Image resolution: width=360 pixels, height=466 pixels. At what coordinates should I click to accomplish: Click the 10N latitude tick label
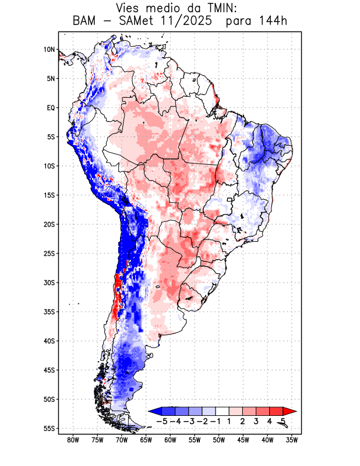pos(49,50)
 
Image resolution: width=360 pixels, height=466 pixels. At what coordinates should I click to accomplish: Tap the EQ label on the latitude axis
pos(50,108)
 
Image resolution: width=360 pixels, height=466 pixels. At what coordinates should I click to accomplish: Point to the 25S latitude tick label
pos(49,253)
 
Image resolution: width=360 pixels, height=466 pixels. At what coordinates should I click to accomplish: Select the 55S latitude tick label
pos(49,429)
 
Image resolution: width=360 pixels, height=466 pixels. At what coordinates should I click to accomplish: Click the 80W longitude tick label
pos(73,440)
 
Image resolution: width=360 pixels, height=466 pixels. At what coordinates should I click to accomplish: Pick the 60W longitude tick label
pos(170,440)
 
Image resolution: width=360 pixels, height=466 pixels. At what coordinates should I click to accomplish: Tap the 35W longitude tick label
pos(292,440)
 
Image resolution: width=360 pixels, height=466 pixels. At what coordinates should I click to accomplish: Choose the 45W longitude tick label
pos(243,440)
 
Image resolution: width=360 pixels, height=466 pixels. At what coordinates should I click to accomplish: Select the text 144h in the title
pos(273,22)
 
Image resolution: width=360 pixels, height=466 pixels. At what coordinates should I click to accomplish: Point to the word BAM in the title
pos(84,22)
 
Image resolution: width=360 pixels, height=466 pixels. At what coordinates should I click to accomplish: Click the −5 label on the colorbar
pos(162,421)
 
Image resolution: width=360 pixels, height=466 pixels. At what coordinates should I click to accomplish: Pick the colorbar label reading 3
pos(256,421)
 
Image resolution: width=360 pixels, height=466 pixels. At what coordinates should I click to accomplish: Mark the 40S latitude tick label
pos(49,341)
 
